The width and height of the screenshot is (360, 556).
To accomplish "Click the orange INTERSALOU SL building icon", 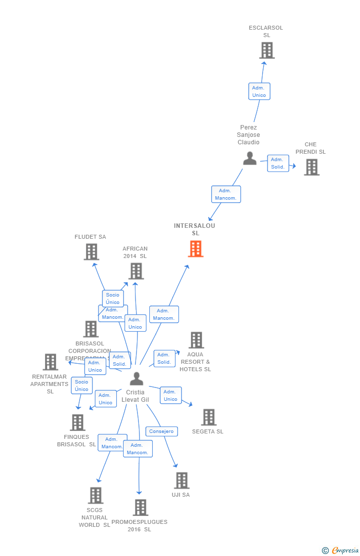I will (x=196, y=249).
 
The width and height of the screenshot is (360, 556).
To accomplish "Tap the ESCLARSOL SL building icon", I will (x=267, y=50).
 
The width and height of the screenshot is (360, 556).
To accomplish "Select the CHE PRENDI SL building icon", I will (x=312, y=167).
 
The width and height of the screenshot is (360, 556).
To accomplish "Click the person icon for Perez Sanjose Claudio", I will (x=250, y=158).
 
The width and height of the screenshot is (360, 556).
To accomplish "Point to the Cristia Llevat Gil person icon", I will (x=136, y=379).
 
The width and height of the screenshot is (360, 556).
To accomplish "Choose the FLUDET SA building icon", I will (x=91, y=252).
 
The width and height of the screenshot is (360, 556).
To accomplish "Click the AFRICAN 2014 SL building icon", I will (x=136, y=271).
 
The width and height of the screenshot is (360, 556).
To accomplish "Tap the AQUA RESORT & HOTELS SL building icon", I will (x=196, y=340).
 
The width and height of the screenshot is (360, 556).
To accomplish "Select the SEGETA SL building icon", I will (x=209, y=417).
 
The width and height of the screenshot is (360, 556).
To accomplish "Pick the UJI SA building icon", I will (x=181, y=480).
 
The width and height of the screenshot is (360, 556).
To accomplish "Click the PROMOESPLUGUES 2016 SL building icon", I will (x=140, y=508).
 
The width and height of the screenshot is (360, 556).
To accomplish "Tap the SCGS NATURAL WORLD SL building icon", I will (x=95, y=495).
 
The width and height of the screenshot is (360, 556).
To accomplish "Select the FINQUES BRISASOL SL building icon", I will (x=78, y=423).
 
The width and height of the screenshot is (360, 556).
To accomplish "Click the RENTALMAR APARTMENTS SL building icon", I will (x=50, y=362).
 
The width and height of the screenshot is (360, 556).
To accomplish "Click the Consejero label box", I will (x=162, y=431).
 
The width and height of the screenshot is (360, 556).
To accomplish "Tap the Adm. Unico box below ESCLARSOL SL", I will (x=259, y=91).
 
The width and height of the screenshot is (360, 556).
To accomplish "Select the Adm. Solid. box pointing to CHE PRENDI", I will (x=278, y=163).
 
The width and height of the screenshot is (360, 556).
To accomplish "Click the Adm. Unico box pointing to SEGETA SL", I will (x=171, y=395).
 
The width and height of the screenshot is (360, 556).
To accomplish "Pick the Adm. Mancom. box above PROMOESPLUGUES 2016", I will (x=137, y=449).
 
